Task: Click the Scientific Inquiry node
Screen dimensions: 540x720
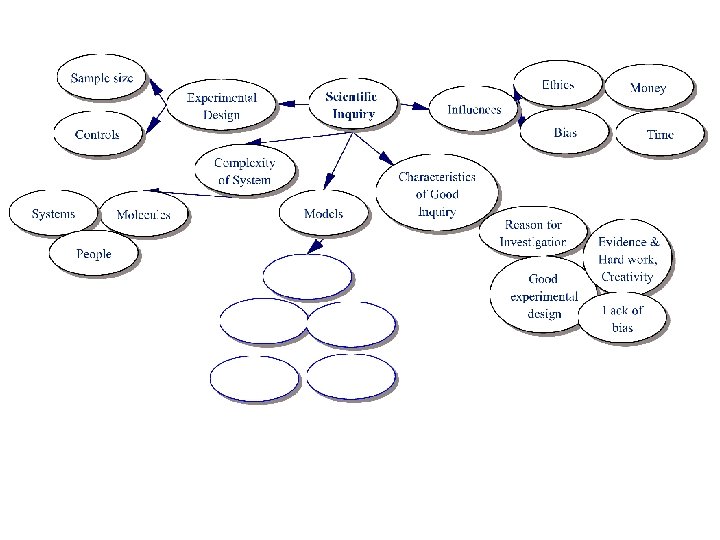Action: [352, 105]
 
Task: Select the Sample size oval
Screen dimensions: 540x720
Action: [102, 77]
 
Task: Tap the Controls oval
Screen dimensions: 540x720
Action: [98, 134]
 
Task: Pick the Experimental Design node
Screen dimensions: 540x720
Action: [222, 106]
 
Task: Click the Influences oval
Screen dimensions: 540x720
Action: [474, 109]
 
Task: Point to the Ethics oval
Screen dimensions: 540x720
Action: [557, 85]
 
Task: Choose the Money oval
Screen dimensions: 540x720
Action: [648, 88]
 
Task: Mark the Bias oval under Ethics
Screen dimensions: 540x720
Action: [564, 132]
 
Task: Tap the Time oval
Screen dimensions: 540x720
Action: [660, 134]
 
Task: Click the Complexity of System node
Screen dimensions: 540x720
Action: [245, 171]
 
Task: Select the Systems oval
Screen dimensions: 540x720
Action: [54, 214]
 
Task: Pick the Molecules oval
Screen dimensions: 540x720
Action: [144, 215]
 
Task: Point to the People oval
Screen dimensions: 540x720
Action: [94, 254]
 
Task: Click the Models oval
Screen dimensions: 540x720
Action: [324, 213]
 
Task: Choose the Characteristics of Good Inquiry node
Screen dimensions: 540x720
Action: [436, 194]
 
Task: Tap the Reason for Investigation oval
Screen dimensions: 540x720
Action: [534, 234]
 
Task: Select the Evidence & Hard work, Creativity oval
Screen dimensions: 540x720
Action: [628, 258]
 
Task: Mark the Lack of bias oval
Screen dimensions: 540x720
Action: [622, 318]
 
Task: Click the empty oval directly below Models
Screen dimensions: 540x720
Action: [307, 277]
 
